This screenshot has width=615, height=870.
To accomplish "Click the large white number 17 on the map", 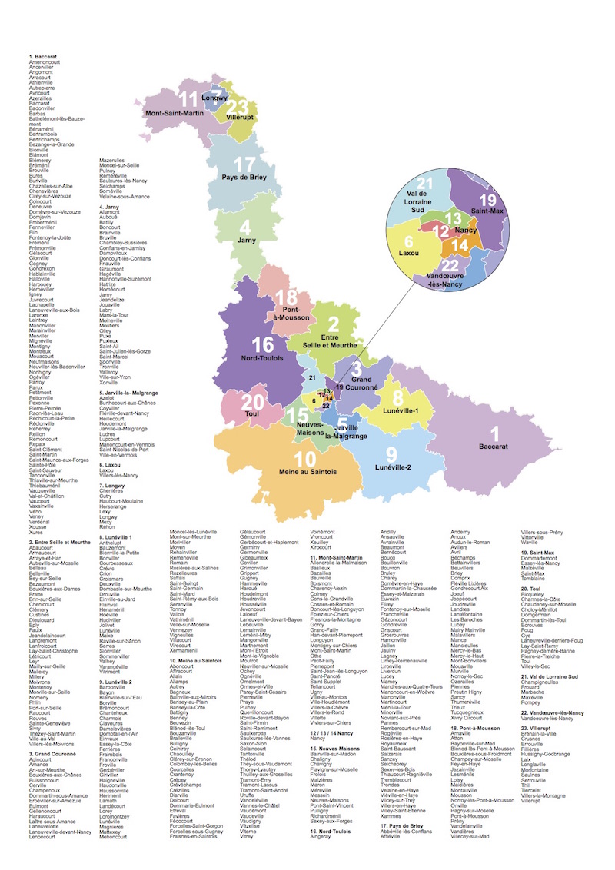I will point(244,164).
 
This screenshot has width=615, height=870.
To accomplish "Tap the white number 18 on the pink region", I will point(286,299).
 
